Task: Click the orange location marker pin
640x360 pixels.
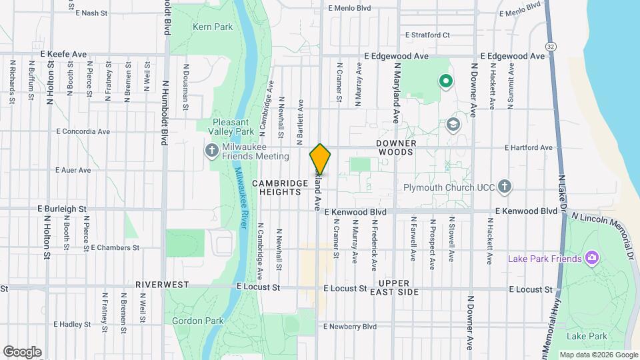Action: point(320,159)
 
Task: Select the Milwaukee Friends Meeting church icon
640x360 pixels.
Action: point(212,151)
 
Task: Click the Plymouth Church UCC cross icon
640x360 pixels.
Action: point(505,186)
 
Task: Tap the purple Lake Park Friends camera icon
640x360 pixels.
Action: point(590,258)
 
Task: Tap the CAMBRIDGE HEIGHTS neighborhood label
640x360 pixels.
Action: point(276,187)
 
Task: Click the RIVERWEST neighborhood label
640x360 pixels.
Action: point(163,284)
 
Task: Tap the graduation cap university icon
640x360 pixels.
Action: point(453,124)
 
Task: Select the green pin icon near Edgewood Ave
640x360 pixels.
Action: point(446,81)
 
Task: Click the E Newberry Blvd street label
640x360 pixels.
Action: point(349,327)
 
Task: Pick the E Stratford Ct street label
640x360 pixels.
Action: point(427,35)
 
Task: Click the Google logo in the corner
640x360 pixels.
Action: point(22,352)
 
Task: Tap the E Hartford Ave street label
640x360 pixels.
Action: point(529,148)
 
